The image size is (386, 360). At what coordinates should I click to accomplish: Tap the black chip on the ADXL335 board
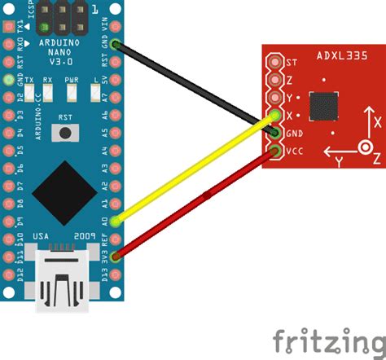click(327, 105)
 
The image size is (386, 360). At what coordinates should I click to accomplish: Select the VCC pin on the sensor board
click(277, 151)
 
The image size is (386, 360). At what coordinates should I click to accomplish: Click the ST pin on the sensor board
click(277, 62)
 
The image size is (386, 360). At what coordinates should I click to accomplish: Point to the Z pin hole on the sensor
click(277, 80)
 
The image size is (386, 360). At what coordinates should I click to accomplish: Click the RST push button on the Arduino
click(64, 133)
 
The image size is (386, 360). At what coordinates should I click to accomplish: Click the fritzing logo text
click(328, 338)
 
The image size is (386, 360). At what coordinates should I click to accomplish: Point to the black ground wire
click(195, 87)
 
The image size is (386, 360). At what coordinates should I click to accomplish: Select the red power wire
click(195, 202)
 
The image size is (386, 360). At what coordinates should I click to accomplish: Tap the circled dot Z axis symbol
click(366, 148)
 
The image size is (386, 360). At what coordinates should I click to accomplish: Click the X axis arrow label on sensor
click(376, 122)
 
